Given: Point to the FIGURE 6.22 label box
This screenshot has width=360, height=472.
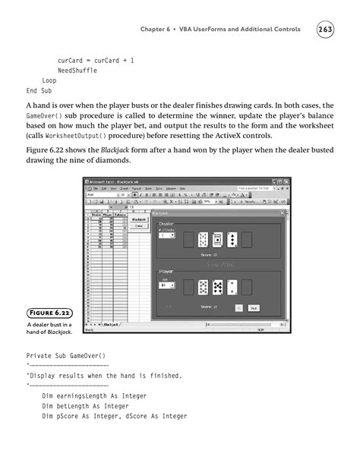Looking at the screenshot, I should (51, 312).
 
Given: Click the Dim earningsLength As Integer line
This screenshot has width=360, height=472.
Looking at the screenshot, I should (94, 396).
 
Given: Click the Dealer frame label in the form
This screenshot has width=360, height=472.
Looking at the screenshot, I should (166, 225).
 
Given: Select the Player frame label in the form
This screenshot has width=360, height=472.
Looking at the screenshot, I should (166, 270).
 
